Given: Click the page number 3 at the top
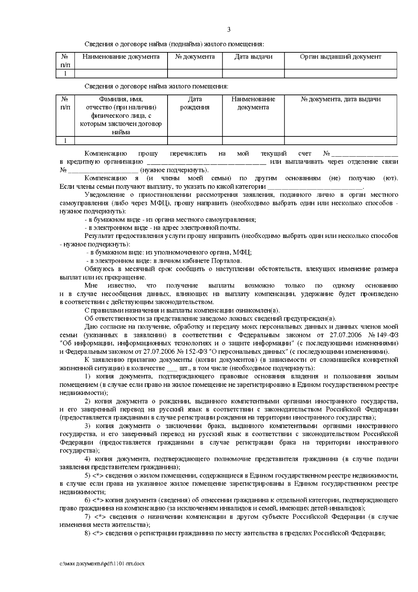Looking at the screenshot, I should pos(229,30).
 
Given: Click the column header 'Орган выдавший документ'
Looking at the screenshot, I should pos(340,57).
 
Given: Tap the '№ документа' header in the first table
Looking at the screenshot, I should pos(195,57).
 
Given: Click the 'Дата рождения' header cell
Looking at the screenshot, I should pos(195,103).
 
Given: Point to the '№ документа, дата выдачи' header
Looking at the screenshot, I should pos(340,99).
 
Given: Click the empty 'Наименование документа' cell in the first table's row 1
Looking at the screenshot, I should pos(121,74).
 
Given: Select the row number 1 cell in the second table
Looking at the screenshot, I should pos(65,141).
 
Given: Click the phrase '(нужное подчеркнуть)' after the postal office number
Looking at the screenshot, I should pos(174,170).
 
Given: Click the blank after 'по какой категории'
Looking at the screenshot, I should pos(315,187).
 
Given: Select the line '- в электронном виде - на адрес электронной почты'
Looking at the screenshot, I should pos(162,228).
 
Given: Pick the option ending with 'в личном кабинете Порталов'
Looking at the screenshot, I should pos(164,261).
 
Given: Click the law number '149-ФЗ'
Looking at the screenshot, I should pos(387,335).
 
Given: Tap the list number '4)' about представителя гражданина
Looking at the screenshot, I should pos(88,459).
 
